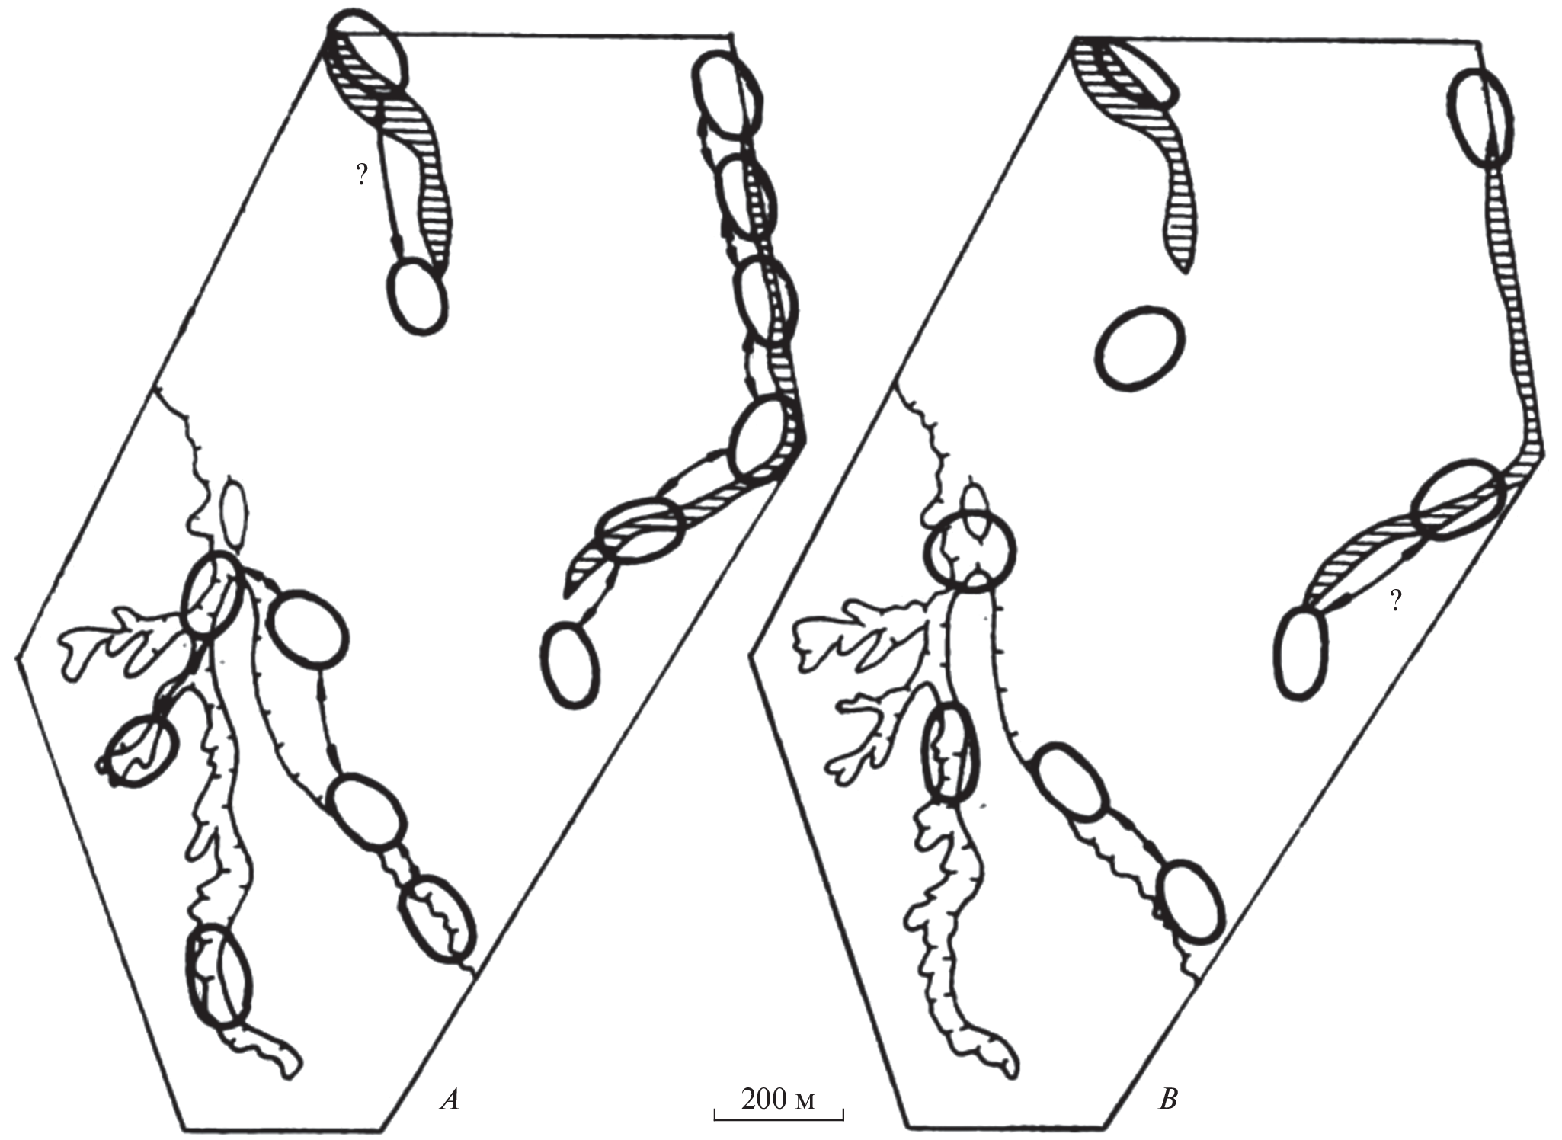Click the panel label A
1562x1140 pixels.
click(x=450, y=1100)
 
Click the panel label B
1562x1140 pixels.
click(x=1167, y=1100)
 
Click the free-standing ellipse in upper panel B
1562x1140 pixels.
click(x=1140, y=348)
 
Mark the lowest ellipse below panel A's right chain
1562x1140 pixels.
click(x=570, y=665)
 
